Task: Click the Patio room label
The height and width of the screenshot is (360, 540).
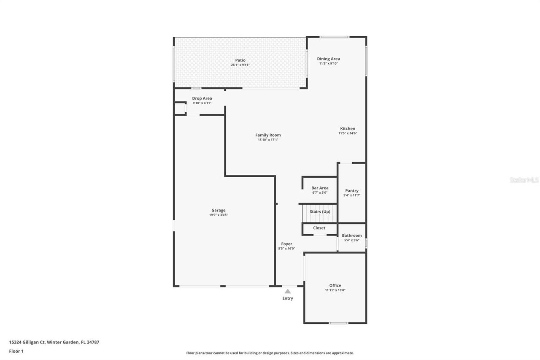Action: click(240, 60)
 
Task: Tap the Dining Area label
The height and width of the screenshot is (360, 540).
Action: click(328, 59)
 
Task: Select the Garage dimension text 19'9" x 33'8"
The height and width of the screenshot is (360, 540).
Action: click(219, 215)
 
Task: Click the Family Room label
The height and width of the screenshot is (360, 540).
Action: click(268, 135)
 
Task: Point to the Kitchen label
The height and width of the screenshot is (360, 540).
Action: click(348, 129)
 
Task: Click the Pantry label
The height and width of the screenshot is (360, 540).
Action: click(351, 191)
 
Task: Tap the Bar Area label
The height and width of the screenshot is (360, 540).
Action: click(320, 188)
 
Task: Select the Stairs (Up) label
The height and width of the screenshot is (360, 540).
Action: click(320, 211)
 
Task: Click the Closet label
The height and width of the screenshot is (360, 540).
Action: click(319, 228)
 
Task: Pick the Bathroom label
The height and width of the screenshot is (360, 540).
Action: click(351, 235)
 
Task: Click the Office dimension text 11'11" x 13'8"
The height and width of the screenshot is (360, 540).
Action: click(335, 290)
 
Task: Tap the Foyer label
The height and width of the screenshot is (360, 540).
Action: click(286, 244)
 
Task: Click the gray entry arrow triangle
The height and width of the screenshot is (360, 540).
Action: click(287, 291)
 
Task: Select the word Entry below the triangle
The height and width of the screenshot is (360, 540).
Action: click(287, 298)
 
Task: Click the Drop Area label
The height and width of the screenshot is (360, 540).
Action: click(202, 98)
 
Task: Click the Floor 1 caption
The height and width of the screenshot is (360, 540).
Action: click(16, 351)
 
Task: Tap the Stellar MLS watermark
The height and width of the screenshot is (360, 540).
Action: click(524, 180)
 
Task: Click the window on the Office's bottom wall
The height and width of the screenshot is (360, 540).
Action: click(338, 323)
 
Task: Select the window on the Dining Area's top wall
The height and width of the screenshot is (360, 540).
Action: click(334, 37)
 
